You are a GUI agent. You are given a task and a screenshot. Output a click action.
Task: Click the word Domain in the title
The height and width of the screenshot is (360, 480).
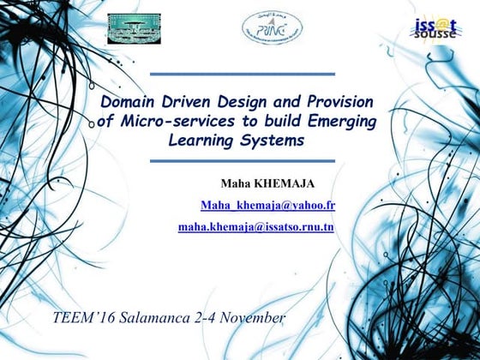[x=128, y=103]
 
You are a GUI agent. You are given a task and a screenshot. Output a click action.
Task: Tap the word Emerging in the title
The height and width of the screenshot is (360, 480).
[x=342, y=122]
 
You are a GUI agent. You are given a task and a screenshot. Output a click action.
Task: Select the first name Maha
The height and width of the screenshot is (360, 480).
[x=235, y=183]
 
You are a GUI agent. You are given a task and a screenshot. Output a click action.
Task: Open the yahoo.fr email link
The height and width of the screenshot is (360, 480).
[x=267, y=206]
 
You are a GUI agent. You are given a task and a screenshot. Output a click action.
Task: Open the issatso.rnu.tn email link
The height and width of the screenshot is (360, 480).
[x=255, y=227]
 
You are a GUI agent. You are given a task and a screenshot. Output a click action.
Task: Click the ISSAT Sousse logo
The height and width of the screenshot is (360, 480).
[x=436, y=27]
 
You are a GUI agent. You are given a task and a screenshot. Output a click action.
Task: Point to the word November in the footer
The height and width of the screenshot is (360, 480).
[x=252, y=318]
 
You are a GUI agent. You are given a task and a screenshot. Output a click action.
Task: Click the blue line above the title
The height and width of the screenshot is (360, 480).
[x=243, y=75]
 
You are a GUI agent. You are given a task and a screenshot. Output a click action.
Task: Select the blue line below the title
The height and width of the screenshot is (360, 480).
[x=243, y=161]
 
